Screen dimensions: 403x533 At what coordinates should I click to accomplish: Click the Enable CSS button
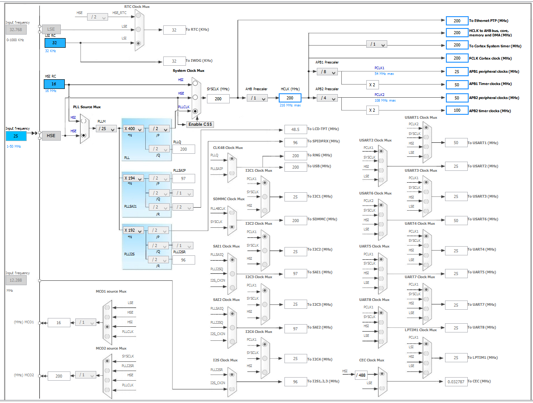pyautogui.click(x=200, y=124)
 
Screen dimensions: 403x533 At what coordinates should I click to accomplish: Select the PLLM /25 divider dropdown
pyautogui.click(x=106, y=129)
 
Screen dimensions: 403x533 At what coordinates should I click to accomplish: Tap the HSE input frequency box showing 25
pyautogui.click(x=16, y=136)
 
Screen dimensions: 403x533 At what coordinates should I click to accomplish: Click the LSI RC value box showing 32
pyautogui.click(x=55, y=43)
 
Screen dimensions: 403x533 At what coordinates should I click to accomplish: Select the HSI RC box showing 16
pyautogui.click(x=54, y=84)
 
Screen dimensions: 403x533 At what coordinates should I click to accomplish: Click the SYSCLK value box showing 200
pyautogui.click(x=218, y=99)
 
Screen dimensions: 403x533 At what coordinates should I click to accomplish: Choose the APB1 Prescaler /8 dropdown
pyautogui.click(x=327, y=71)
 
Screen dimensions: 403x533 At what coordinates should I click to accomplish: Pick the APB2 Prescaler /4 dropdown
pyautogui.click(x=327, y=98)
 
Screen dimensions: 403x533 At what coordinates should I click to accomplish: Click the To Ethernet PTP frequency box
pyautogui.click(x=457, y=21)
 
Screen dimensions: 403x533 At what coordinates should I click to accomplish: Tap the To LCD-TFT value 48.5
pyautogui.click(x=295, y=129)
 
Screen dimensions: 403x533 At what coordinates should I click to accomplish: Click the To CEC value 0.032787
pyautogui.click(x=456, y=382)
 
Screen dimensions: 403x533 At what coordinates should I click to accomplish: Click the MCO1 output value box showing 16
pyautogui.click(x=59, y=322)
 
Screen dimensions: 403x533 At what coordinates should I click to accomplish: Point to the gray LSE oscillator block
pyautogui.click(x=51, y=29)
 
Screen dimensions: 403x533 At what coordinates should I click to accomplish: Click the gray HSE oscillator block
pyautogui.click(x=51, y=136)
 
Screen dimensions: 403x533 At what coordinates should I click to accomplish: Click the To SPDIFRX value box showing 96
pyautogui.click(x=295, y=142)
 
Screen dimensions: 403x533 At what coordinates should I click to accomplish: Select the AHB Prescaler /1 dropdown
pyautogui.click(x=257, y=98)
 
